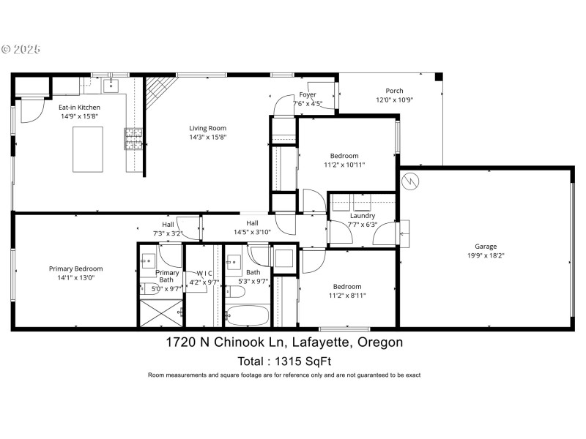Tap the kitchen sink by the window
pyautogui.click(x=111, y=86)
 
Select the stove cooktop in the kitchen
pyautogui.click(x=134, y=138)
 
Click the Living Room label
pyautogui.click(x=209, y=127)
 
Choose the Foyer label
pyautogui.click(x=308, y=95)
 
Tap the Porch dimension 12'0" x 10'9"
pyautogui.click(x=395, y=100)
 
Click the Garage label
pyautogui.click(x=486, y=247)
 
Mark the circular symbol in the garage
pyautogui.click(x=411, y=180)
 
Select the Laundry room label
pyautogui.click(x=363, y=216)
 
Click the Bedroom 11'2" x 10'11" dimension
pyautogui.click(x=344, y=165)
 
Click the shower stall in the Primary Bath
pyautogui.click(x=160, y=315)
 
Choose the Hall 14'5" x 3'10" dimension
pyautogui.click(x=252, y=232)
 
